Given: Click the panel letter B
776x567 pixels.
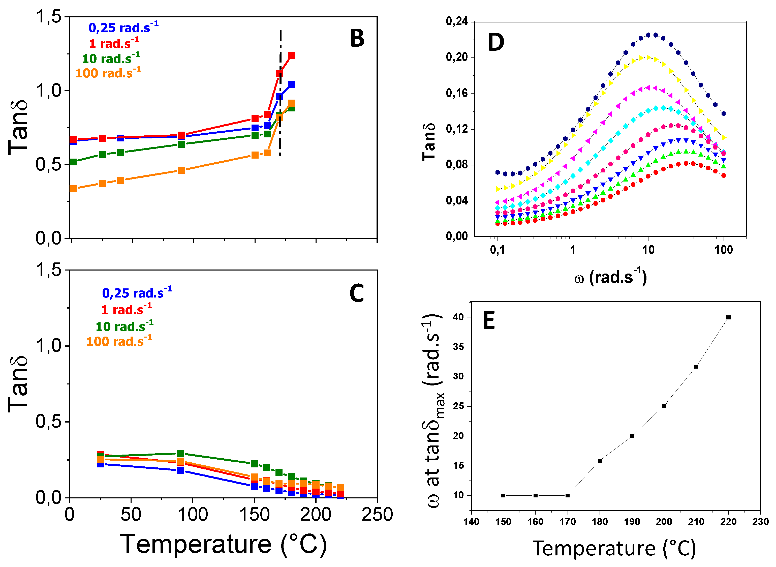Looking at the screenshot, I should (357, 38).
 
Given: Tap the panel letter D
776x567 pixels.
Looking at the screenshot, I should (496, 43).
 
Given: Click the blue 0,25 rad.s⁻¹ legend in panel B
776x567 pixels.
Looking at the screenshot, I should (123, 27).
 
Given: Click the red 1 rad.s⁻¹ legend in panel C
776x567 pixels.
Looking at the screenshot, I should (126, 310).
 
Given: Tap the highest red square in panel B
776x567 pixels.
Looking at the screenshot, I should (292, 56).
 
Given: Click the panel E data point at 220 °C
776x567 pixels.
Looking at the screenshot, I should (728, 317).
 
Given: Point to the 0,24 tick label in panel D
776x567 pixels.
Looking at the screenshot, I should (457, 22).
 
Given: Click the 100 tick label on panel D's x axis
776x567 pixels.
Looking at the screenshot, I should (724, 250).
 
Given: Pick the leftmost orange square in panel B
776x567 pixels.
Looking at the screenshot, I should (73, 189).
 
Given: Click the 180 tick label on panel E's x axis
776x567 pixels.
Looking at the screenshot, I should (600, 522).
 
